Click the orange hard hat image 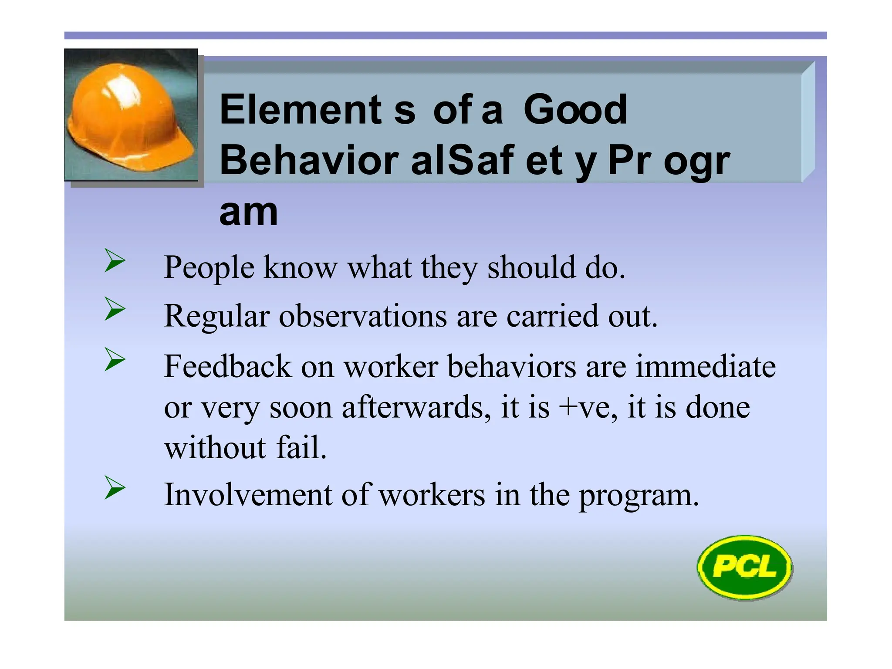(131, 115)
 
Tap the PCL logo (745, 567)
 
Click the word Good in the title (575, 110)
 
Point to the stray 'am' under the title (248, 213)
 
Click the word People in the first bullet (209, 267)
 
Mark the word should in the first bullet (531, 267)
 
